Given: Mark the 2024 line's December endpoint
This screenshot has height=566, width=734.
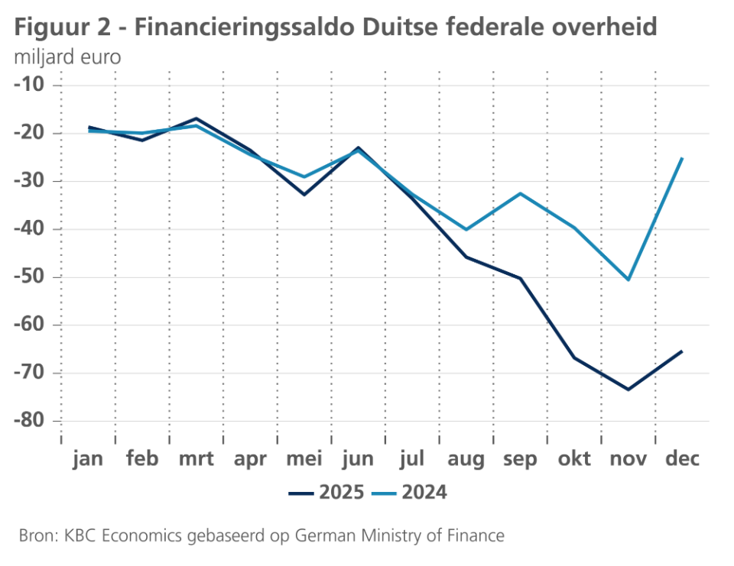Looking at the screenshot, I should (682, 158).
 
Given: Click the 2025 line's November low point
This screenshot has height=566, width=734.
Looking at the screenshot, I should (628, 390).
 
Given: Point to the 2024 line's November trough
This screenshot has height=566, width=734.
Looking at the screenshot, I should (628, 280).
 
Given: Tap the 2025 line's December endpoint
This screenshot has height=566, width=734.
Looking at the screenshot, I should (682, 351).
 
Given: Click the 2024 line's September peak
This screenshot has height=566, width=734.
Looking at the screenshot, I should (521, 193).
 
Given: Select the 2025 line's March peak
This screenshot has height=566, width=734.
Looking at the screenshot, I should (196, 118).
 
